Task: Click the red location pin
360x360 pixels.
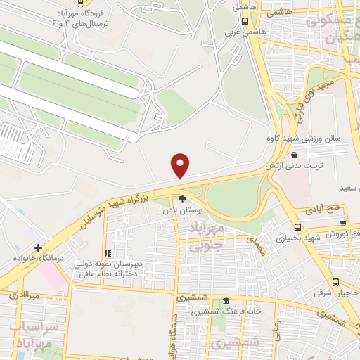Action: point(181,165)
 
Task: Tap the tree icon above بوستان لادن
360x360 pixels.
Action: point(182,198)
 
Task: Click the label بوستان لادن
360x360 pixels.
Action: point(182,210)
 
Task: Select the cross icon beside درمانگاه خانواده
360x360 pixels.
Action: point(38,247)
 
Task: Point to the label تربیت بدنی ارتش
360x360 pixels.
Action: point(293,165)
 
